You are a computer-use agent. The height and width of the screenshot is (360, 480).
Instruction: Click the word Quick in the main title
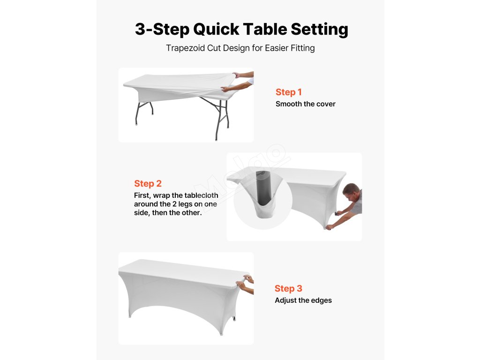(x=216, y=30)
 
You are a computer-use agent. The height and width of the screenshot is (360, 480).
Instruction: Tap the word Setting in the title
(x=319, y=30)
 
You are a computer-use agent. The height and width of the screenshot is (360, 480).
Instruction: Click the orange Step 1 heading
(x=289, y=92)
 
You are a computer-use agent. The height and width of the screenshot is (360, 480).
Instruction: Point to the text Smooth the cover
(x=306, y=104)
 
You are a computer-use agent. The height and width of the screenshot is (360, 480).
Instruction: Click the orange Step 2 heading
(x=148, y=183)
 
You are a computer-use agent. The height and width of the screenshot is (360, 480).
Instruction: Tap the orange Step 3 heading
(x=288, y=288)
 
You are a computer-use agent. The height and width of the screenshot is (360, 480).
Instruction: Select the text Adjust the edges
(x=303, y=300)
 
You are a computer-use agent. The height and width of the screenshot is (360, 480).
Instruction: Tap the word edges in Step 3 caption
(x=321, y=300)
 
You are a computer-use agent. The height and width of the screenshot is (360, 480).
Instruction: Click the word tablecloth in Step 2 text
(x=201, y=195)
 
